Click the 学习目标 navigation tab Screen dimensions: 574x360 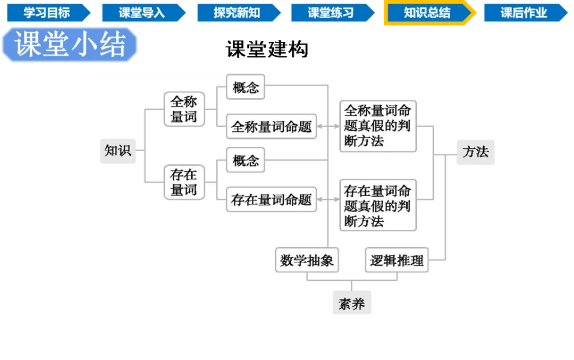[47, 13]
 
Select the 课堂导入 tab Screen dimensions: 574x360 [141, 13]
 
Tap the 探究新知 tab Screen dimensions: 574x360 [237, 13]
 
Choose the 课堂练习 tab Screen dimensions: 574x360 [331, 13]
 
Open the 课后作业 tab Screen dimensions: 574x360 [524, 13]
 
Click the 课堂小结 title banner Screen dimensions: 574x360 [71, 45]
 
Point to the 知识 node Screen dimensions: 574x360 [117, 150]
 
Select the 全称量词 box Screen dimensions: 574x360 [184, 109]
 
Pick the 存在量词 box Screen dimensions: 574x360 [184, 182]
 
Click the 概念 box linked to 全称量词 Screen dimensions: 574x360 [246, 87]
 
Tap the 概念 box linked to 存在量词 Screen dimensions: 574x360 [246, 160]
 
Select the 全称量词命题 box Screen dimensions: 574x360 [272, 127]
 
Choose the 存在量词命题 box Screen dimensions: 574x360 [272, 200]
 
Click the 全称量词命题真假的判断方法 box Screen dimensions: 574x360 [378, 126]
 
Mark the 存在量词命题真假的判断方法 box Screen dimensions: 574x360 [378, 205]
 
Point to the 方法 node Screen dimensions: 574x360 [476, 152]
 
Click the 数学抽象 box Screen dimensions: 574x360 [307, 261]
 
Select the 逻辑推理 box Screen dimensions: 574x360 [397, 261]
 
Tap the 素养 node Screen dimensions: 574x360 [352, 304]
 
